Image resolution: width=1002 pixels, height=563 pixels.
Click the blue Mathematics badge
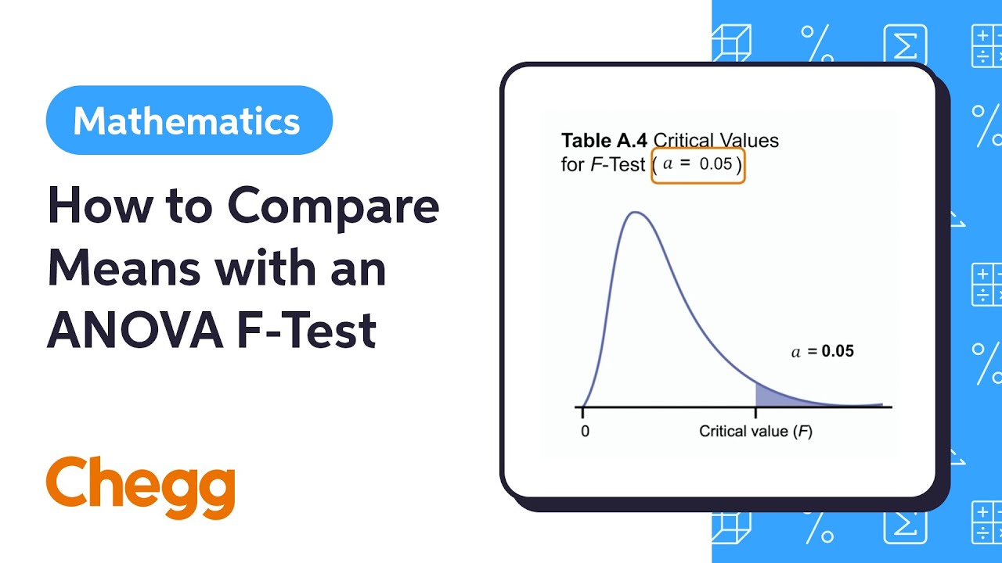pos(189,121)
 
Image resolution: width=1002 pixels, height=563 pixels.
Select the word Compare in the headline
pos(333,206)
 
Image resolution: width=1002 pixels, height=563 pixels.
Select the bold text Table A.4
pos(604,141)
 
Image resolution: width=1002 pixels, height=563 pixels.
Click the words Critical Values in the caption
pos(716,141)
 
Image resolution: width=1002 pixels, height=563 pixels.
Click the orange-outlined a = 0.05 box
pos(698,165)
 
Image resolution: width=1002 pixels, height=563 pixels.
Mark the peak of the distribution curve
pos(636,213)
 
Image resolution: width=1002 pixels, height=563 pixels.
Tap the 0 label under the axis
pos(584,431)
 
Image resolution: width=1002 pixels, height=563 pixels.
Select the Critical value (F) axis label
pos(755,431)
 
